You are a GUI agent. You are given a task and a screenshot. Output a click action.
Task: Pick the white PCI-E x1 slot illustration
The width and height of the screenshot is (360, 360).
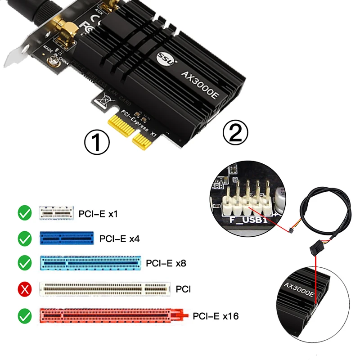coord(56,213)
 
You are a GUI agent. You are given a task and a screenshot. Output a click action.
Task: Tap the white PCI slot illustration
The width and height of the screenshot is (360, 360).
coord(105,288)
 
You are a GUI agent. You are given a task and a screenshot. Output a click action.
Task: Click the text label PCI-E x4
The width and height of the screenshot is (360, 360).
coord(119,238)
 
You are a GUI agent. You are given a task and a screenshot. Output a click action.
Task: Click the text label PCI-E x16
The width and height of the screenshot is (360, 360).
coord(216,316)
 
